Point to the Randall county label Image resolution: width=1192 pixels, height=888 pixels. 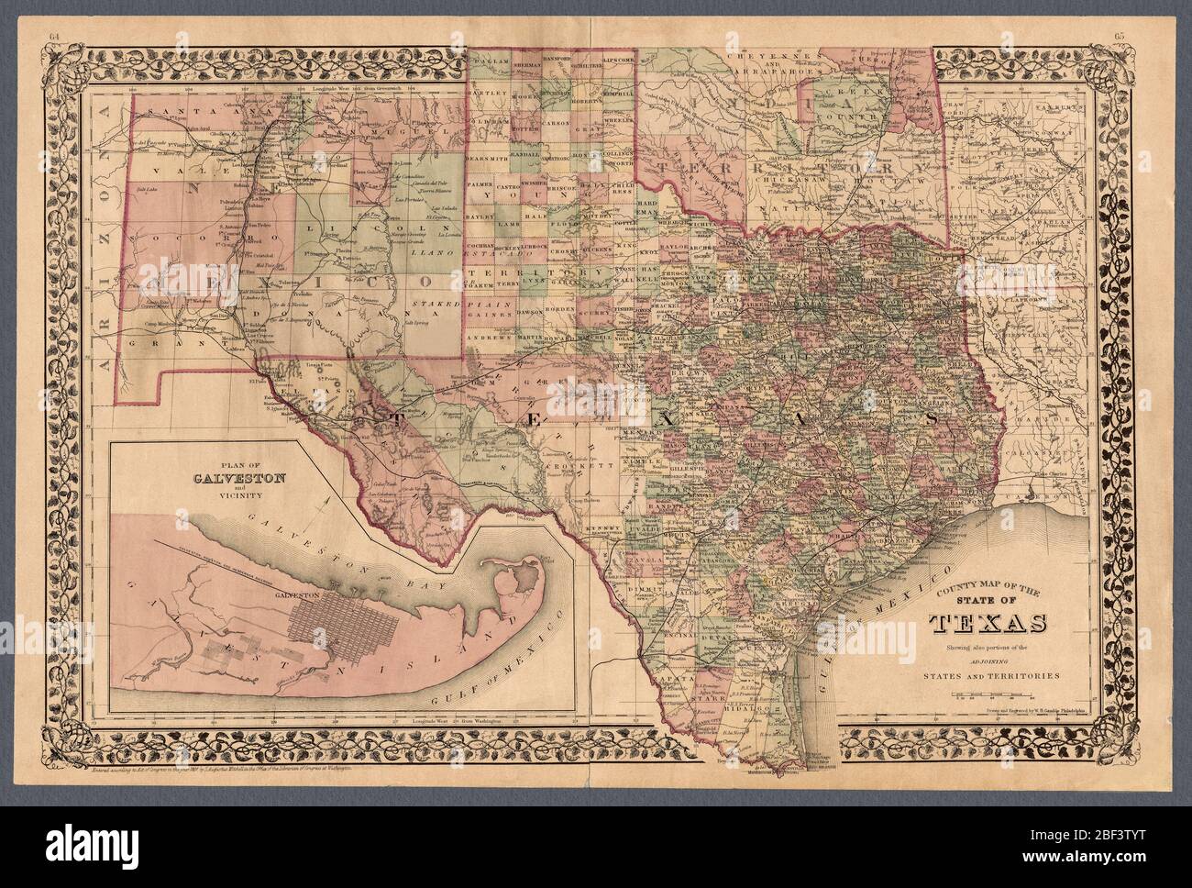point(529,157)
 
